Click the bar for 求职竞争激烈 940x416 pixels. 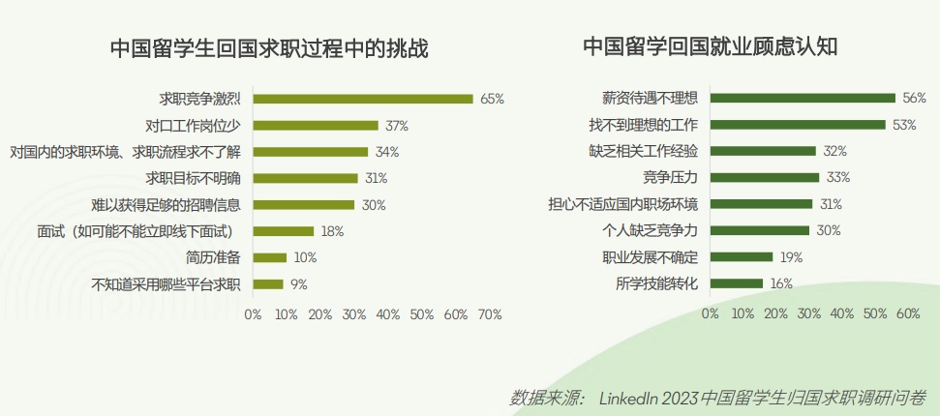tap(363, 99)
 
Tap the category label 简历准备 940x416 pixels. tap(213, 258)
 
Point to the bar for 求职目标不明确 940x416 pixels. tap(306, 178)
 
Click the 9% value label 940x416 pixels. tap(298, 284)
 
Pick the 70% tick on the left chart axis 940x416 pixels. tap(490, 314)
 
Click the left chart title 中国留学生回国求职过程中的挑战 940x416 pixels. tap(269, 48)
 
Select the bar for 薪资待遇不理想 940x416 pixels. tap(803, 99)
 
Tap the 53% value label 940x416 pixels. tap(904, 125)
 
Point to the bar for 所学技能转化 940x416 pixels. tap(737, 283)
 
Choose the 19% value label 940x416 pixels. tap(791, 257)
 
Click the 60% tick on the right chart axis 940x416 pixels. tap(908, 314)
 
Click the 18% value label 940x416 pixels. tap(333, 231)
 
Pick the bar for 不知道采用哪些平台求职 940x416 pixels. tap(268, 284)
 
